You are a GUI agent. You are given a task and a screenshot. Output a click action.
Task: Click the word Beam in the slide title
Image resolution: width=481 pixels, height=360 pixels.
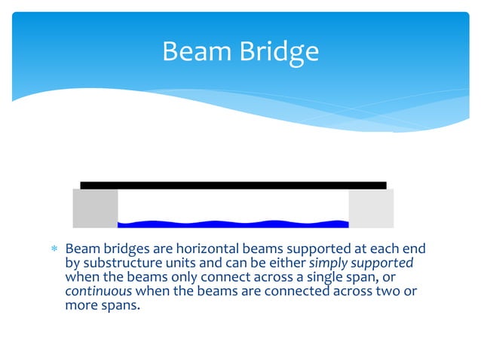[x=195, y=51]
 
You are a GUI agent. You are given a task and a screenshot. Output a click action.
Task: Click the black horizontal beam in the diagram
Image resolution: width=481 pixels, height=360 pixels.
[x=233, y=185]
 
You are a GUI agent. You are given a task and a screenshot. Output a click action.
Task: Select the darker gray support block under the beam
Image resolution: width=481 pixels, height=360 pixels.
[x=95, y=208]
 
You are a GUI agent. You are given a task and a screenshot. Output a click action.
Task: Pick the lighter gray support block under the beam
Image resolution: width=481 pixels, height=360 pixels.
[x=371, y=208]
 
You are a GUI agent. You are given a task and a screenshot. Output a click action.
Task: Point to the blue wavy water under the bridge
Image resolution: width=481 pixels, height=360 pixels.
[x=233, y=223]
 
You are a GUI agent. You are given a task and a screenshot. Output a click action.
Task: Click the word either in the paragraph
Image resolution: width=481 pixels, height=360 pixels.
[x=287, y=264]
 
